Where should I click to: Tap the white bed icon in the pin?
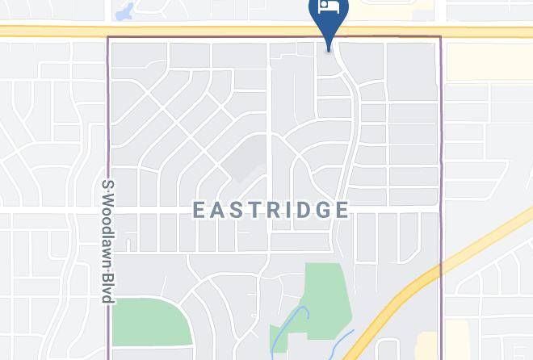point(328,8)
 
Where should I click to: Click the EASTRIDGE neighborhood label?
point(271,211)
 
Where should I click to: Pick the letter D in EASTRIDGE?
point(308,211)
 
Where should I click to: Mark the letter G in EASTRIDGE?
point(325,211)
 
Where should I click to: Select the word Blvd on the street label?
point(106,289)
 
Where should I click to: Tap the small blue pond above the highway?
point(124,12)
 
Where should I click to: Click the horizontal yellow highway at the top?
point(202,31)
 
